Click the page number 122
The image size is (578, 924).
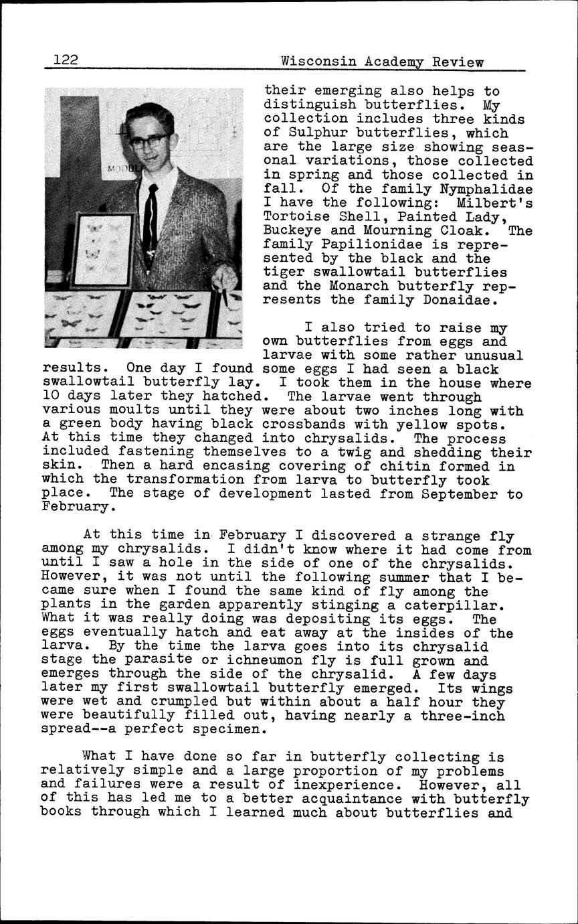(x=66, y=60)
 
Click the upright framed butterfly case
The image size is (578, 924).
(x=102, y=249)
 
